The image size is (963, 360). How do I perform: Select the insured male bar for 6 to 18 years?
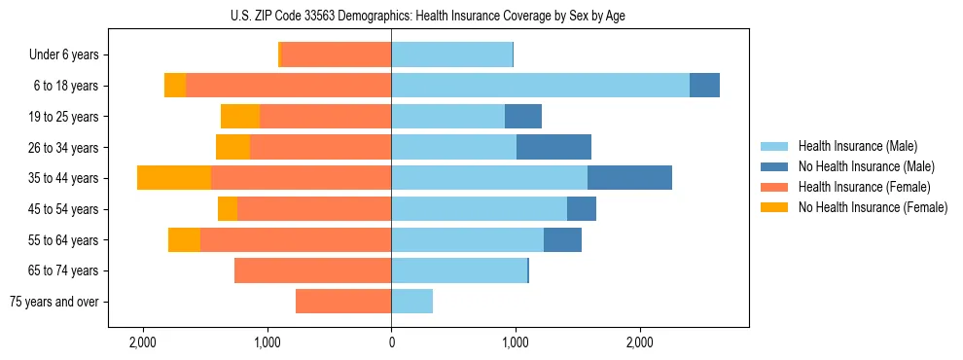coord(540,86)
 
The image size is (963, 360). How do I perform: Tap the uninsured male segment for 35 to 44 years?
coord(629,178)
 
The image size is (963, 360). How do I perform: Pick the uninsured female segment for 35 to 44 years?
coord(174,178)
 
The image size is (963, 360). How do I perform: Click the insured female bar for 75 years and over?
coord(343,302)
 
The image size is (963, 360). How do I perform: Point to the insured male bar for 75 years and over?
coord(411,302)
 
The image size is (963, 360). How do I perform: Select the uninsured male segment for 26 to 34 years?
coord(553,147)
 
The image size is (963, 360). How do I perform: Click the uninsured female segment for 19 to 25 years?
coord(240,117)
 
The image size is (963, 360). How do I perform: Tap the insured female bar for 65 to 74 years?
coord(312,270)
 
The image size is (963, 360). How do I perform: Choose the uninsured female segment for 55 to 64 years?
coord(184,239)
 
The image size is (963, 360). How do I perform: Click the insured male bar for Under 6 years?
coord(451,54)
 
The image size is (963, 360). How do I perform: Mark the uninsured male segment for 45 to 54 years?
coord(582,209)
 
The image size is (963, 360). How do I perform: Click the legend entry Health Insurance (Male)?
coord(857,146)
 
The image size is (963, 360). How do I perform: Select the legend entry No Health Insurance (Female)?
coord(872,207)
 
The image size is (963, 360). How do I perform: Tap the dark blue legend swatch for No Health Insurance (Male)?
coord(774,166)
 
